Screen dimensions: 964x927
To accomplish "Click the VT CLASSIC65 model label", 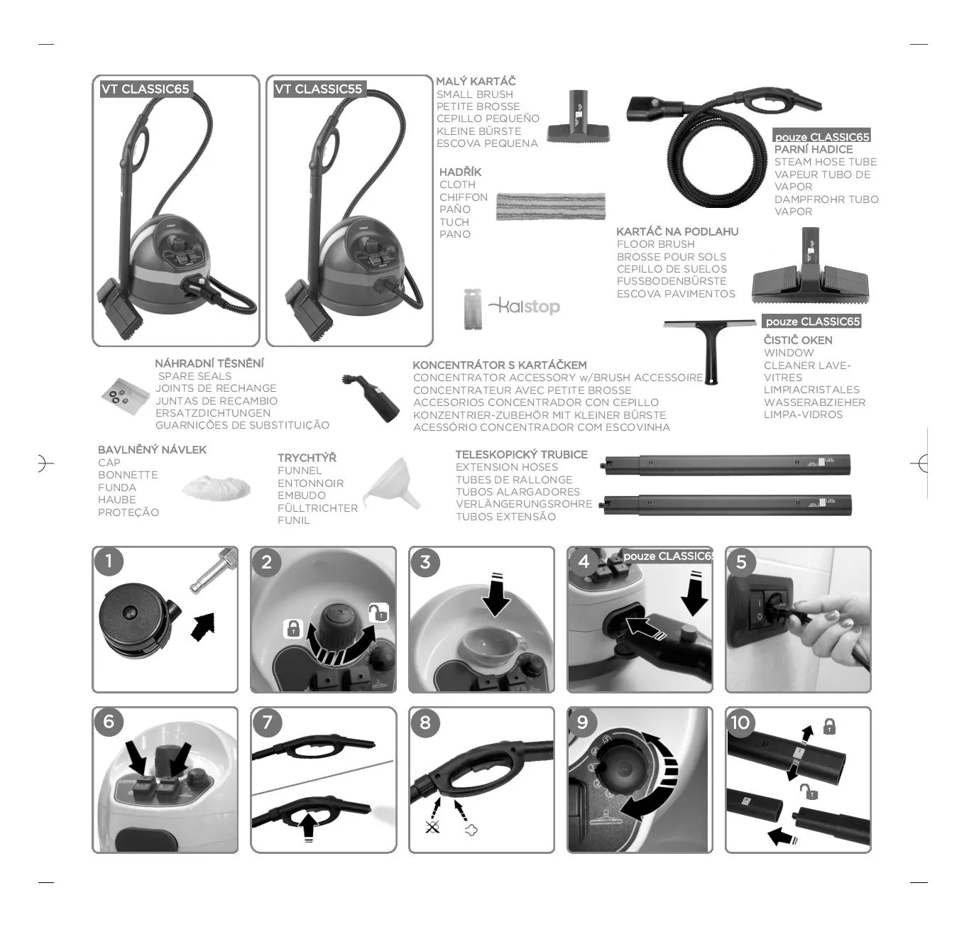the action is [146, 89].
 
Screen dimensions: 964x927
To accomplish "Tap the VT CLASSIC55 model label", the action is [319, 89].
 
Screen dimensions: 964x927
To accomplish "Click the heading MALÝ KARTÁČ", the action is [476, 81].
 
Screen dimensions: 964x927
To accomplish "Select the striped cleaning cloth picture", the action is [550, 206].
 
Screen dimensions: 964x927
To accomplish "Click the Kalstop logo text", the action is [525, 307].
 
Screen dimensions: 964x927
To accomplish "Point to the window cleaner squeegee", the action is [709, 349].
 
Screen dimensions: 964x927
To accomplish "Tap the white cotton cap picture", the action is [216, 488].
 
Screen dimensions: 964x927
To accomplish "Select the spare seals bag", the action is [126, 396].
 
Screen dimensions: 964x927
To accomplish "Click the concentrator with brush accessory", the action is [372, 398].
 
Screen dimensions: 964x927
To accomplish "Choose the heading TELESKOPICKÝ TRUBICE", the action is [521, 454].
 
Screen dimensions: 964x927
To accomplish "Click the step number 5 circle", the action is [741, 562].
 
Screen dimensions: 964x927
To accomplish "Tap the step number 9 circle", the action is [583, 723].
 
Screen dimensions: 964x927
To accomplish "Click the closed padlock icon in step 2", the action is [292, 628].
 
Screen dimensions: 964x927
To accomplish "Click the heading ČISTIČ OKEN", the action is [798, 341].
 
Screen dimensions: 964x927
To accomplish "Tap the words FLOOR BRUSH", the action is [655, 244].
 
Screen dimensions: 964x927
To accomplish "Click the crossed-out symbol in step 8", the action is [432, 827].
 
